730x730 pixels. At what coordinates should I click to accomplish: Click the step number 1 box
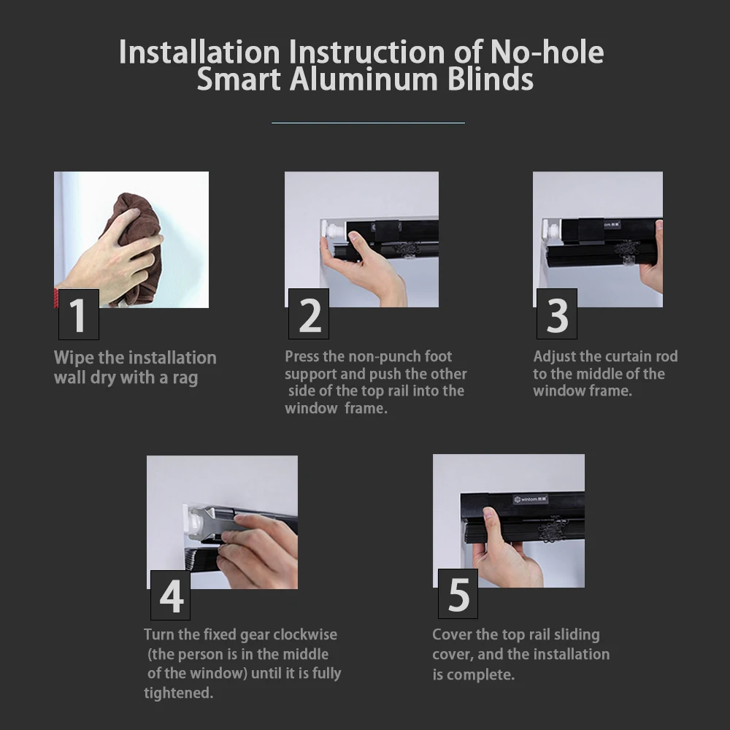(x=79, y=314)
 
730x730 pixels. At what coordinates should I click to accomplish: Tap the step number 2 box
(x=309, y=314)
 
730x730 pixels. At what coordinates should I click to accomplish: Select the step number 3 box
(x=557, y=314)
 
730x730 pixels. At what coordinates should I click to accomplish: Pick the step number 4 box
(x=170, y=595)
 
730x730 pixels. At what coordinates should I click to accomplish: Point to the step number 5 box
(x=458, y=593)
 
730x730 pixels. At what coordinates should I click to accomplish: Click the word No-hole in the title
(x=547, y=52)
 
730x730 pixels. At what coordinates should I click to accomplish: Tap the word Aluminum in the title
(x=364, y=80)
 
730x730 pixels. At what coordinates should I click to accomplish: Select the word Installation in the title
(x=199, y=52)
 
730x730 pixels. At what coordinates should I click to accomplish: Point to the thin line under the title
(x=368, y=123)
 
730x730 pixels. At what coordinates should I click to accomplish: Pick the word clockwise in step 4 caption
(x=305, y=634)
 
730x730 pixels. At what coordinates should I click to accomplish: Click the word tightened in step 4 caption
(x=178, y=693)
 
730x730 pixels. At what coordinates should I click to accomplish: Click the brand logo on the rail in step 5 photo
(x=531, y=499)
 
